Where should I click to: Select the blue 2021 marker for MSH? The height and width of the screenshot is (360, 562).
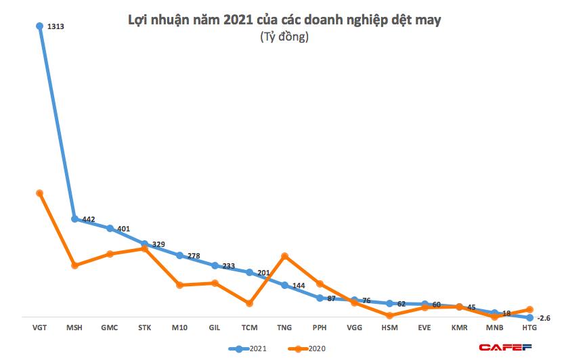click(74, 219)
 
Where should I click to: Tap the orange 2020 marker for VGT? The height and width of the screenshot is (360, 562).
click(39, 193)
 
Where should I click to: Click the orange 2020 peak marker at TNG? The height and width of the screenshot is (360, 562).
click(285, 256)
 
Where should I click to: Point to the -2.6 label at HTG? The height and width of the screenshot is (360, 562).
click(544, 318)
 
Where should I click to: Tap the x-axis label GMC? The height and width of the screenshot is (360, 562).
click(109, 328)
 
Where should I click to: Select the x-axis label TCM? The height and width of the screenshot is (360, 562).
click(250, 328)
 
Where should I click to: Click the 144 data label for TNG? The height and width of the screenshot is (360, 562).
click(298, 286)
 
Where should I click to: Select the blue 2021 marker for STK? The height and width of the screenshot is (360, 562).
click(145, 244)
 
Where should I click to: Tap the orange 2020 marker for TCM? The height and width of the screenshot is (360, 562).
click(250, 303)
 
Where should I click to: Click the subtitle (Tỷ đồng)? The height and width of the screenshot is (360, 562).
click(284, 38)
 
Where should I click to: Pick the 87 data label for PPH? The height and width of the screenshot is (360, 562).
click(332, 298)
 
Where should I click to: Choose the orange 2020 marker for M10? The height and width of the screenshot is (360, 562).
click(179, 285)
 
